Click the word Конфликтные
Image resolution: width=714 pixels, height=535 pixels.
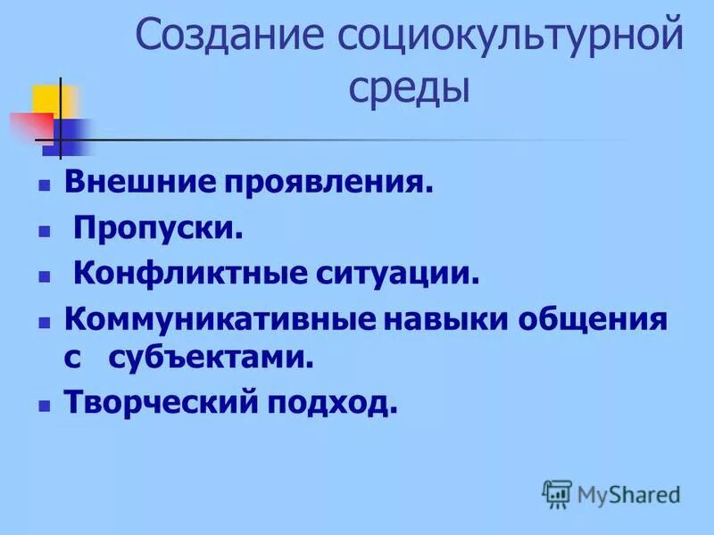coord(189,273)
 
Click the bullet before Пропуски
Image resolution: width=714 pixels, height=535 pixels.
coord(42,230)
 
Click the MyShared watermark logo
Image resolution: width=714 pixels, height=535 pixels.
coord(610,493)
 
